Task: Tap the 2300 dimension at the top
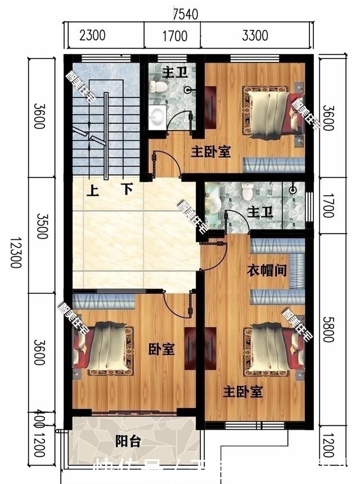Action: click(x=92, y=37)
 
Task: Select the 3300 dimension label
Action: click(x=254, y=37)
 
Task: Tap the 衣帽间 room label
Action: click(x=267, y=271)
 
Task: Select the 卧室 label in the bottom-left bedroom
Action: click(x=161, y=349)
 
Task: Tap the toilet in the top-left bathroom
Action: click(x=158, y=86)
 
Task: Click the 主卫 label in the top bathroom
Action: click(x=171, y=73)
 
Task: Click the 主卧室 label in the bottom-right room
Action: click(x=243, y=392)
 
